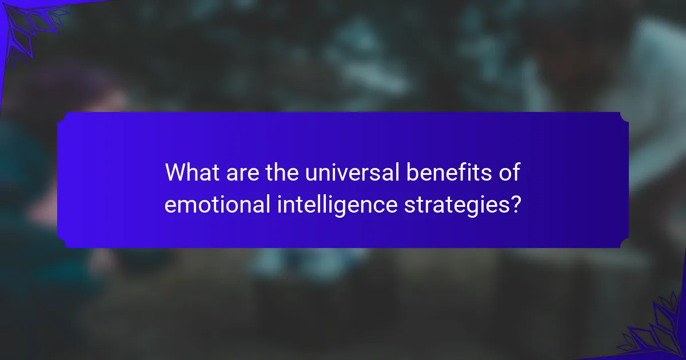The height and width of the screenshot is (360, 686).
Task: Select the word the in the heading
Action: [x=282, y=173]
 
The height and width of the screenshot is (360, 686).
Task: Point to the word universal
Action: [x=352, y=173]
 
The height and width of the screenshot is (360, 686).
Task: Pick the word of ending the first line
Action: [x=509, y=173]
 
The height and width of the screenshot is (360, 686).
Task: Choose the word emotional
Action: [x=217, y=204]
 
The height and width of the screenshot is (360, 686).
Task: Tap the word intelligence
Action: [x=337, y=206]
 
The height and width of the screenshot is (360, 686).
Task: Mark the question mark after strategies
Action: [x=516, y=204]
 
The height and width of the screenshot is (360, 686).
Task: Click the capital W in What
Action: [x=177, y=173]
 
